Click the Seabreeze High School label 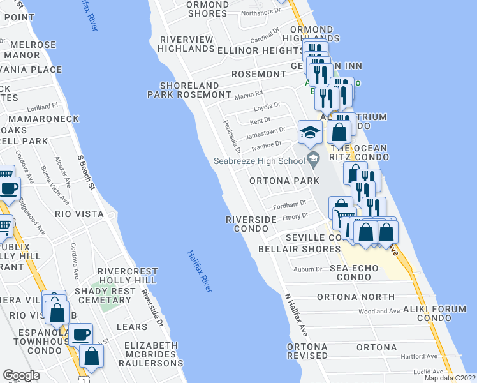259,161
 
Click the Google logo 21,375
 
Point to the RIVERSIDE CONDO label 251,223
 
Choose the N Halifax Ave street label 297,315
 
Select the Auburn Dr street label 308,269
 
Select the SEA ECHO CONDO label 355,273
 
